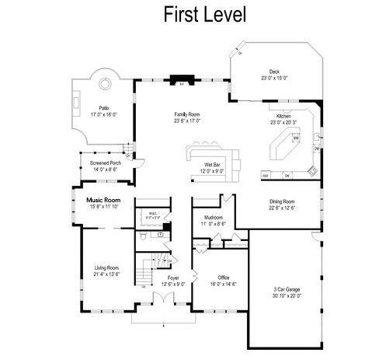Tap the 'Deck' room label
click(274, 72)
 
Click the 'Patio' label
click(103, 108)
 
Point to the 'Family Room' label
click(187, 114)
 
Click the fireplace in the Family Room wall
click(182, 83)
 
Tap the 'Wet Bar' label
click(214, 166)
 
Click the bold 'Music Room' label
click(103, 200)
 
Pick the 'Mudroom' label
click(214, 218)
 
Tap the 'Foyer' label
click(173, 278)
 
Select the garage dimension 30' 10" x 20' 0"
click(287, 296)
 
